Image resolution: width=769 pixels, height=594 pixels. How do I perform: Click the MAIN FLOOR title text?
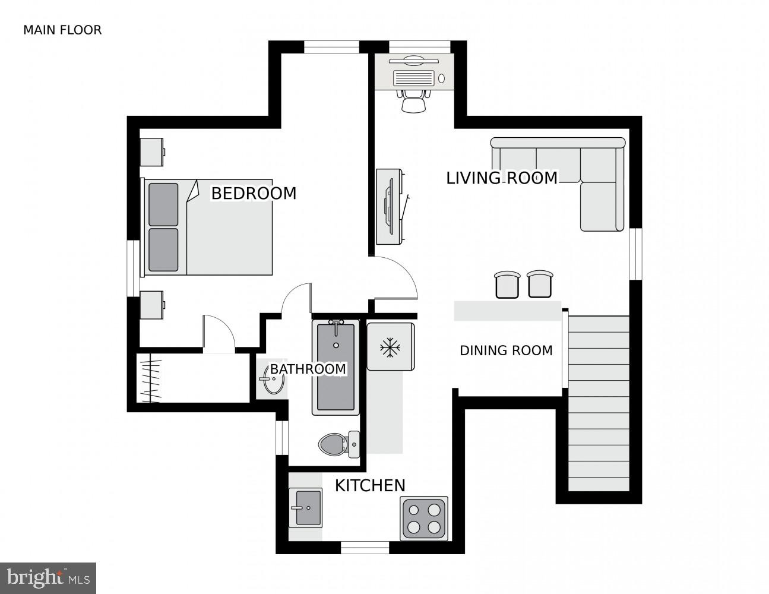coord(62,30)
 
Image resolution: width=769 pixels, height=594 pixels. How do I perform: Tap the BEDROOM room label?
coord(254,193)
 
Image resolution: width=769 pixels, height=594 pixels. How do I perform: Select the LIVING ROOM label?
coord(502,178)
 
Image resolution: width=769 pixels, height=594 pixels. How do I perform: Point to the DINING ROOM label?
coord(506,350)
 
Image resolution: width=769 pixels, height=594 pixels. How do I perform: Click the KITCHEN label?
coord(370,485)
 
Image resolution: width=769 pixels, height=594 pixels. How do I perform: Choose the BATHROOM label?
coord(308,369)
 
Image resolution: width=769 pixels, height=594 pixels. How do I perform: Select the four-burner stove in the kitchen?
coord(423,518)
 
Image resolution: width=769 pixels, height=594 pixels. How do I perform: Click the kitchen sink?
coord(305,508)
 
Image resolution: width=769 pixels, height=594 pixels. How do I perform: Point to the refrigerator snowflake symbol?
coord(390,347)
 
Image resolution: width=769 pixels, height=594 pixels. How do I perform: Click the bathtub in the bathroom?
coord(336,367)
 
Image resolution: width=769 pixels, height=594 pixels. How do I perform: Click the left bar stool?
coord(507,284)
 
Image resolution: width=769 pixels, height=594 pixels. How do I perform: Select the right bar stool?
coord(540,283)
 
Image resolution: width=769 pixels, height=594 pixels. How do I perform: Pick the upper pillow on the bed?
coord(163,204)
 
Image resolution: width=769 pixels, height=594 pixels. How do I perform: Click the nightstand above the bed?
coord(151,152)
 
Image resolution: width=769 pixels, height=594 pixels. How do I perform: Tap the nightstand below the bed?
coord(151,305)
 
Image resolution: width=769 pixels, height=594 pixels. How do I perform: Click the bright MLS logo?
coord(48,577)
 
